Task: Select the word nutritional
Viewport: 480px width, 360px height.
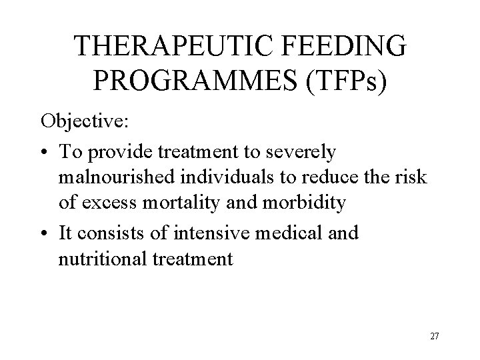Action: click(100, 258)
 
